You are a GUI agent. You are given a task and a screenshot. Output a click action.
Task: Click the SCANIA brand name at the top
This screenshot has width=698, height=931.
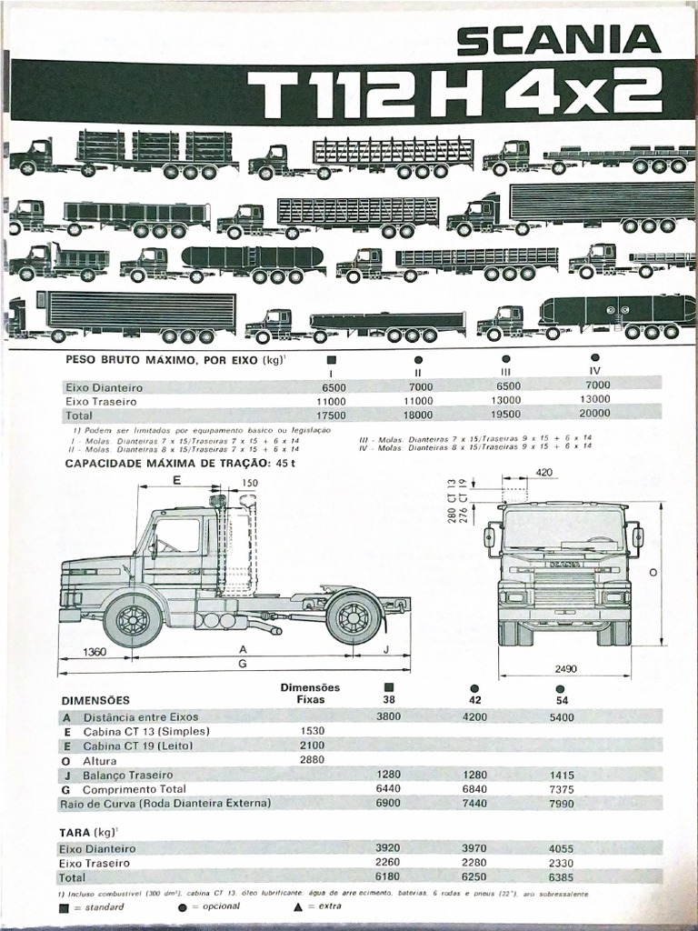[558, 39]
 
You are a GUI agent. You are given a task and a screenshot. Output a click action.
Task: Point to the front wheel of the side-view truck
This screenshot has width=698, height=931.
[133, 620]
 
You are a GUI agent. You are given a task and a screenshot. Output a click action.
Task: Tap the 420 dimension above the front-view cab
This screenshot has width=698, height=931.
[544, 473]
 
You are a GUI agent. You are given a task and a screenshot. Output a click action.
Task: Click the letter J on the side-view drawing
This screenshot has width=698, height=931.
[386, 649]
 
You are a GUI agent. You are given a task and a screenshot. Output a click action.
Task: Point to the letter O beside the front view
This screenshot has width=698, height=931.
[653, 572]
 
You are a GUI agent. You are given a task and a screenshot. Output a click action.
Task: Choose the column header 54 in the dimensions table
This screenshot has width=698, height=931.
[561, 701]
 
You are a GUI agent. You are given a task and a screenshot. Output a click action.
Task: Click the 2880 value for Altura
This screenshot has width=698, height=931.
[311, 759]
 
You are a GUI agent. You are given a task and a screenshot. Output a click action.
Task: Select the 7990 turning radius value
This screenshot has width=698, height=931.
[561, 803]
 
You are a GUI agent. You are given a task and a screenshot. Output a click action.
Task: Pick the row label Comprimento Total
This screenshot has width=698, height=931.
[135, 789]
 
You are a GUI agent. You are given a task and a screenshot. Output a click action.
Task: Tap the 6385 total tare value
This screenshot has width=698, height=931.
[561, 877]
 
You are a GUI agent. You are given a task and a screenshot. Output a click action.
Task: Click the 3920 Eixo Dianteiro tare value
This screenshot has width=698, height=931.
[388, 847]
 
